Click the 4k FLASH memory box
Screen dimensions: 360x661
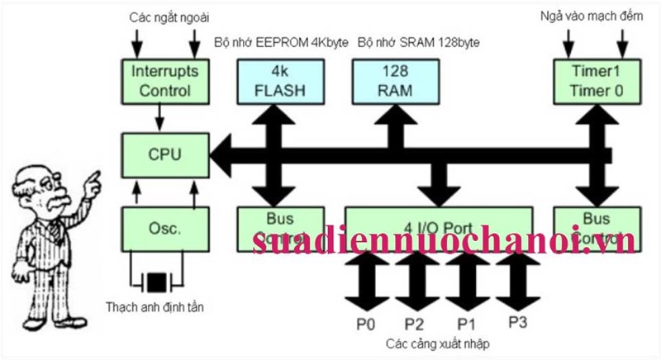coord(271,80)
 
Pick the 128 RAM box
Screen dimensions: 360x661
coord(388,80)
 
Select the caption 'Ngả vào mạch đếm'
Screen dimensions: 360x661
coord(592,17)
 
